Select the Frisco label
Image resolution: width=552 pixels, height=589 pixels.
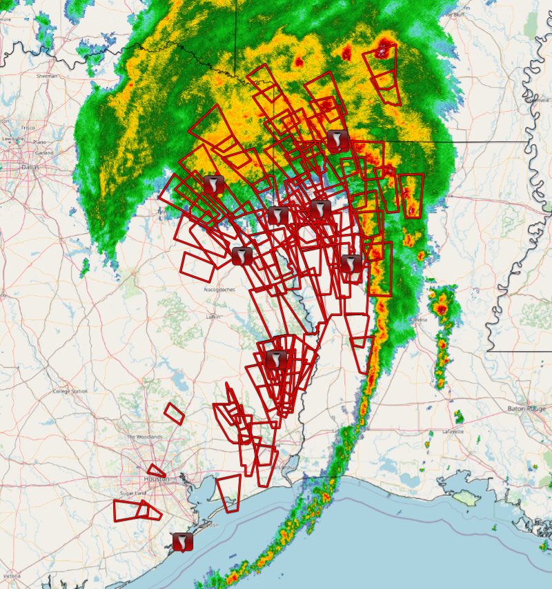(28, 128)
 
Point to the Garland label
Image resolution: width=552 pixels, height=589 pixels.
(46, 152)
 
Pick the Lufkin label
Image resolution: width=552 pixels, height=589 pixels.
(213, 317)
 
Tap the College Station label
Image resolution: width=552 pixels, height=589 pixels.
(70, 391)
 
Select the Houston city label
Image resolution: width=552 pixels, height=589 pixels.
(156, 479)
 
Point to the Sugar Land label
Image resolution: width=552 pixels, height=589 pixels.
(130, 494)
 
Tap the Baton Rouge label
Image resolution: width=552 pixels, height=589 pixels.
(526, 408)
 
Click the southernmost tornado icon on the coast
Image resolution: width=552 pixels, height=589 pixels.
(183, 542)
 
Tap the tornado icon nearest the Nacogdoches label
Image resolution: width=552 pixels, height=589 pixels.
(241, 256)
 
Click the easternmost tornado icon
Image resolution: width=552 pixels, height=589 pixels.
(351, 263)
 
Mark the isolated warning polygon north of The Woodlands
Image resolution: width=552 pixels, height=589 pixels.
(174, 414)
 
